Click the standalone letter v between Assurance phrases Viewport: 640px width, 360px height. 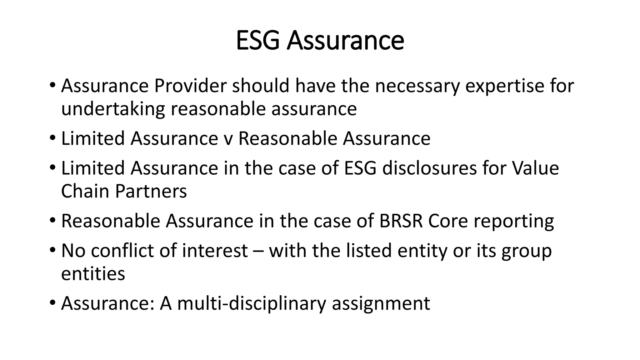point(228,139)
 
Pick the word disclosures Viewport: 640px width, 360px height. point(429,168)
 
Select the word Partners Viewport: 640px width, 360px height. point(151,191)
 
